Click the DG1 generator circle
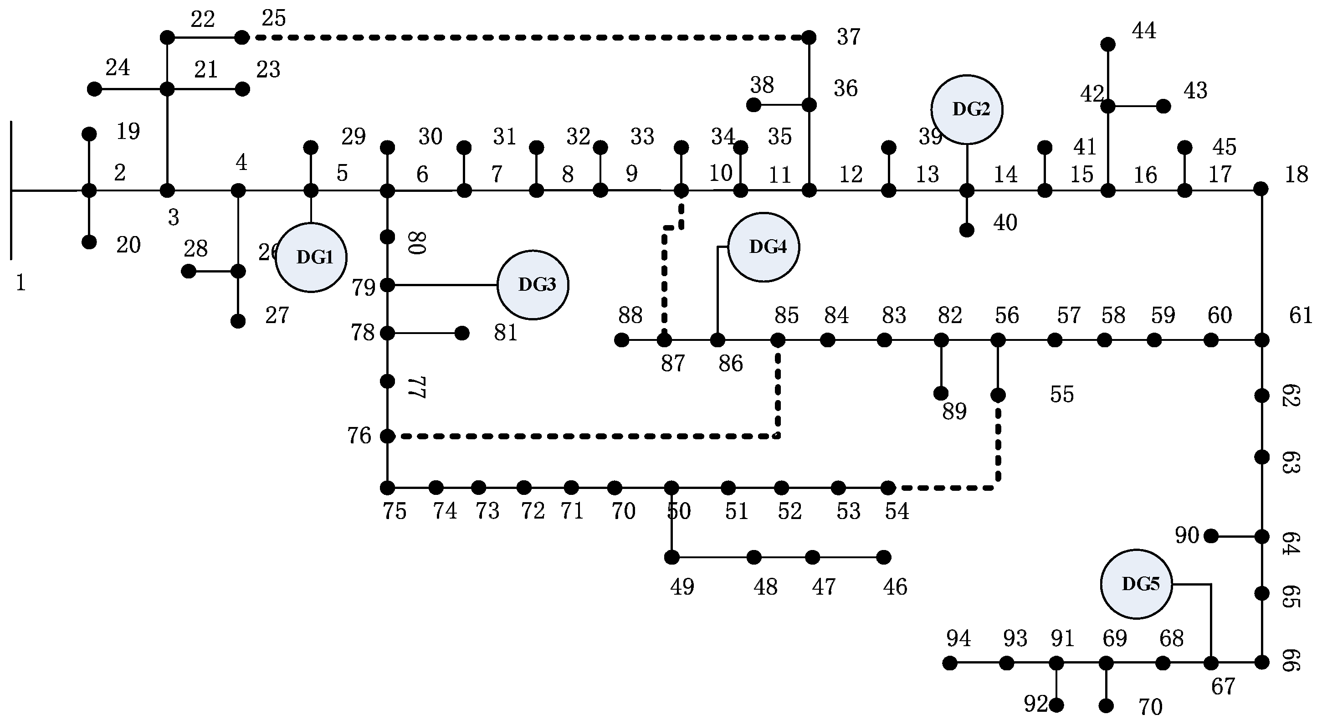point(311,257)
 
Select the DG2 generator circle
point(967,109)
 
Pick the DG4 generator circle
point(764,247)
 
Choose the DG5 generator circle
point(1136,584)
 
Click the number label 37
point(848,37)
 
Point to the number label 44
point(1144,31)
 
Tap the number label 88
point(630,315)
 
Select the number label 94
point(958,638)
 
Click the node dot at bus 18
point(1261,189)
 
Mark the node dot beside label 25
point(242,37)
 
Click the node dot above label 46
point(884,557)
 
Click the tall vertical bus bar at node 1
point(11,190)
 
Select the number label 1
point(20,283)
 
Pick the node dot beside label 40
point(966,230)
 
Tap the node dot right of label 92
point(1056,705)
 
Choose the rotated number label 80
point(417,242)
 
